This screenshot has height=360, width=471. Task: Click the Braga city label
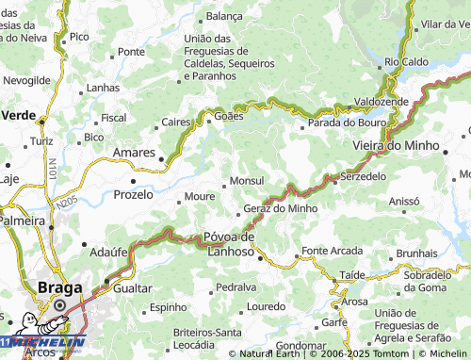(x=58, y=288)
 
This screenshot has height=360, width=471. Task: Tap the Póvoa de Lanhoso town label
(x=230, y=243)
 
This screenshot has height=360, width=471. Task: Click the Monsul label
(x=247, y=180)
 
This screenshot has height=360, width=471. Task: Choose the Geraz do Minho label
(x=280, y=208)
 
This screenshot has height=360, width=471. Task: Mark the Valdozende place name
(x=382, y=101)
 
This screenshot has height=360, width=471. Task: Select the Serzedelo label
(x=364, y=176)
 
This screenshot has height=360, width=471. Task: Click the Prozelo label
(x=133, y=194)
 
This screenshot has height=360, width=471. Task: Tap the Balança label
(x=224, y=16)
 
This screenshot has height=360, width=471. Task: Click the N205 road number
(x=65, y=203)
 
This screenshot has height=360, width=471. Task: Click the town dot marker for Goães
(x=209, y=120)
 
